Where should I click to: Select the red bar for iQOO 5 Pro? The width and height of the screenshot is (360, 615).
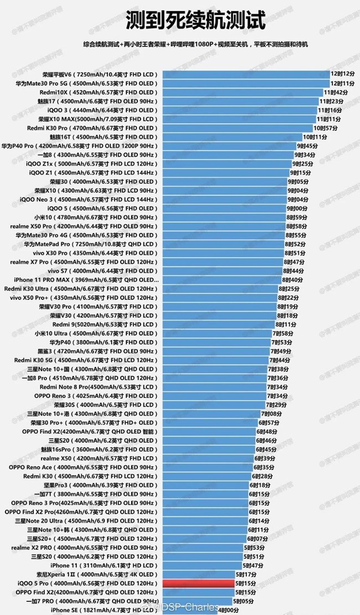(x=196, y=583)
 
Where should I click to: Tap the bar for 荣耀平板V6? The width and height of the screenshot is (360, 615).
(x=244, y=74)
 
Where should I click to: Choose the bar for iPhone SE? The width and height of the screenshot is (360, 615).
(x=188, y=610)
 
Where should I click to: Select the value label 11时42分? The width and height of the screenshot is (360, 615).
(x=335, y=92)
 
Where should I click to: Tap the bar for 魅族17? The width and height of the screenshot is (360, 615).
(x=238, y=101)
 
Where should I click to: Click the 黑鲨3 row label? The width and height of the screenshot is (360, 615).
(x=97, y=351)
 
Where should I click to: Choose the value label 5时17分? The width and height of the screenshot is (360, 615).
(x=246, y=575)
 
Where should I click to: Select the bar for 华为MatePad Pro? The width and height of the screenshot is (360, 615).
(x=222, y=244)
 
